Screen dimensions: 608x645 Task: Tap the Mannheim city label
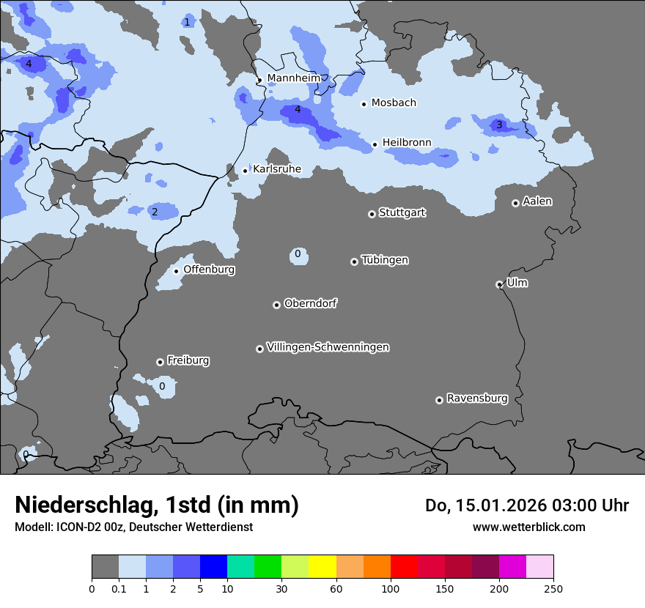[x=293, y=78]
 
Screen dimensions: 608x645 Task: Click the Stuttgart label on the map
[x=402, y=212]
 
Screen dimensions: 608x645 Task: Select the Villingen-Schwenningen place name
[x=328, y=346]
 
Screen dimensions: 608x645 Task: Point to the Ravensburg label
[x=477, y=398]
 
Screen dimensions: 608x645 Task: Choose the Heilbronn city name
[x=407, y=142]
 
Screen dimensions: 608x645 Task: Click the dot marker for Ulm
[x=499, y=284]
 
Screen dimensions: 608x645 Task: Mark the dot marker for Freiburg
[x=160, y=362]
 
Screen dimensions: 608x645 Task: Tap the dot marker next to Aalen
[x=515, y=203]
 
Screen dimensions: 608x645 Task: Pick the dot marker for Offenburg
[x=176, y=271]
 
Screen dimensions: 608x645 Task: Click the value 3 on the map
[x=499, y=125]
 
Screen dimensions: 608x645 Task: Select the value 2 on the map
[x=154, y=212]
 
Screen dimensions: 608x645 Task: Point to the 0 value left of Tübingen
[x=298, y=254]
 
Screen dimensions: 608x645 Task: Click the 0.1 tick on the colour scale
[x=118, y=588]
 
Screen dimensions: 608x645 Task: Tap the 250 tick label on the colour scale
[x=553, y=588]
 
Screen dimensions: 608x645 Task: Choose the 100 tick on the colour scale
[x=390, y=588]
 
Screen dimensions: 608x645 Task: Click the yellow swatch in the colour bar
[x=322, y=567]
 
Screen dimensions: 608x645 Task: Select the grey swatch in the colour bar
[x=105, y=567]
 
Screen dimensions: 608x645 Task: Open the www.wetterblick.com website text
[x=528, y=527]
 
